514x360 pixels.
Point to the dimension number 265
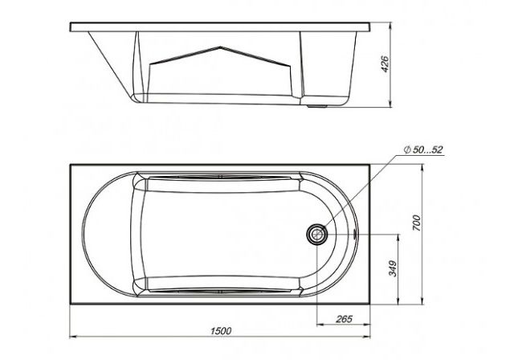pyautogui.click(x=345, y=320)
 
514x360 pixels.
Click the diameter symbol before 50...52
pyautogui.click(x=407, y=150)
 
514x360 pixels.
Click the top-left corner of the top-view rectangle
pyautogui.click(x=70, y=164)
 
